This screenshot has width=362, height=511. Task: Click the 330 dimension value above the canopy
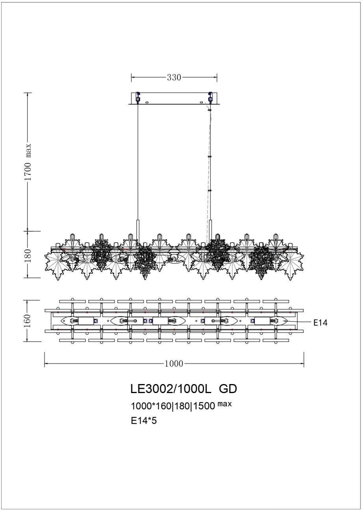(174, 77)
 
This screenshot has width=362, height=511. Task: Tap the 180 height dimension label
(27, 254)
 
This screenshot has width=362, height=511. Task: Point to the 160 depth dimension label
(27, 321)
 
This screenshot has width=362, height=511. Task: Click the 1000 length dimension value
(174, 364)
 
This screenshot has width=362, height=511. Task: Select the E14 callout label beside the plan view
(320, 323)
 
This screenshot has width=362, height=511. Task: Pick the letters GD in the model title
(228, 389)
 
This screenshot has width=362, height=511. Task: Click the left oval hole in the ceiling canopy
(147, 102)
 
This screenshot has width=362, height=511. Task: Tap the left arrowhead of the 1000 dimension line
(46, 364)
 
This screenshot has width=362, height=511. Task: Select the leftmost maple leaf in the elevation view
(55, 263)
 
